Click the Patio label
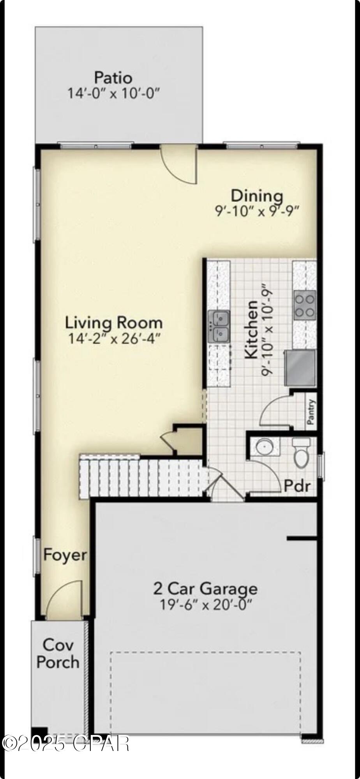click(x=113, y=78)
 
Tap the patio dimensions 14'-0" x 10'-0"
click(x=114, y=93)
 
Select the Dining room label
click(x=257, y=195)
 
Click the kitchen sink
click(x=219, y=326)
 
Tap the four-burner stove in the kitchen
click(x=305, y=305)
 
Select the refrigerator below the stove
click(x=300, y=368)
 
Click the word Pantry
click(x=311, y=412)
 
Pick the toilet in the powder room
click(x=301, y=453)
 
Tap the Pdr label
click(x=297, y=486)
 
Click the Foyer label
click(x=65, y=555)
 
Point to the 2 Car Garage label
click(x=205, y=588)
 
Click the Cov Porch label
click(x=58, y=653)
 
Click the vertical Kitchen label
click(x=251, y=330)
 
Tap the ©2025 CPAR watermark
click(x=65, y=743)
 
